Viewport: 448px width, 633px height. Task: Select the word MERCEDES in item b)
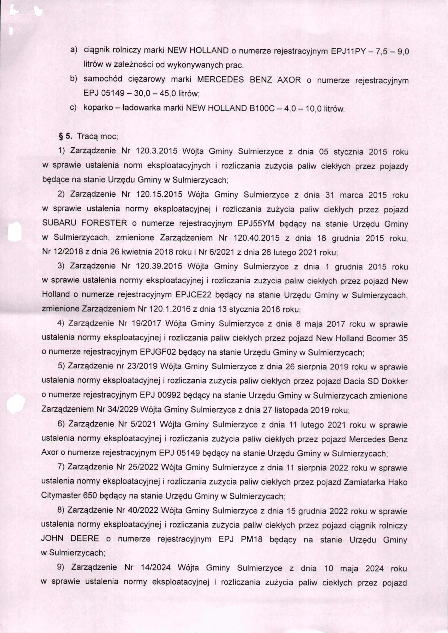220,80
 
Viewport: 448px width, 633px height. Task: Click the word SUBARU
59,223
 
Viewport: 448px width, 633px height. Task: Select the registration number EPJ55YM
256,223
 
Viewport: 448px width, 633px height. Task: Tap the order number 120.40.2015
256,238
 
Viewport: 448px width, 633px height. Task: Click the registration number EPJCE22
193,295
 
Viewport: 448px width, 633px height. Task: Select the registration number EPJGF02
158,352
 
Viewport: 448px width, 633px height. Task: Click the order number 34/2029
123,409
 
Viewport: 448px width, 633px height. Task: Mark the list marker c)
73,108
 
